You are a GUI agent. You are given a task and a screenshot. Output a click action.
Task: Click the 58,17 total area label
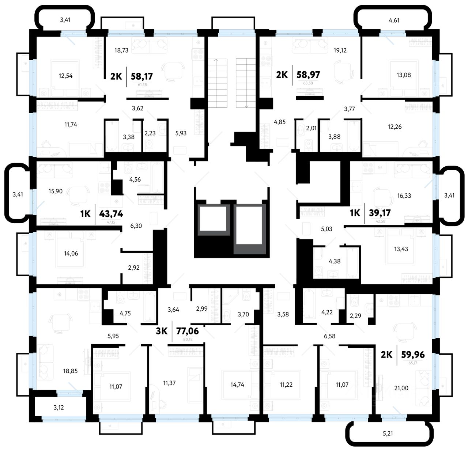tap(141, 76)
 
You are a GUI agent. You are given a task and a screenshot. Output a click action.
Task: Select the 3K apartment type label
tap(162, 331)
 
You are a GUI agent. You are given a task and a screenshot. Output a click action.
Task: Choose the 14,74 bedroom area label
tap(237, 384)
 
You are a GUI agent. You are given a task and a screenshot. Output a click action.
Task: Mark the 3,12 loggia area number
tap(58, 407)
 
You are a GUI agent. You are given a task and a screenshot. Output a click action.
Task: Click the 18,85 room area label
tap(70, 371)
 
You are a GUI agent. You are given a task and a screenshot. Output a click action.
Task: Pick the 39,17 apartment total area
tap(380, 213)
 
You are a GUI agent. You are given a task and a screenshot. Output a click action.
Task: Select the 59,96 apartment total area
tap(413, 354)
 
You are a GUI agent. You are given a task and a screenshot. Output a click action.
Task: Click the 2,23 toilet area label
tap(150, 133)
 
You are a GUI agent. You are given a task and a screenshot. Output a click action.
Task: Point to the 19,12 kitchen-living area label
tap(340, 50)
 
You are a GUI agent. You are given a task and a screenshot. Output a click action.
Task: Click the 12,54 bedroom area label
tap(65, 76)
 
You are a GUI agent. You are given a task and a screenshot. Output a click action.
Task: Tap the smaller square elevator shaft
tap(213, 218)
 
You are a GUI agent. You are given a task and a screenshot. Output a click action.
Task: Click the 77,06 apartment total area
tap(188, 331)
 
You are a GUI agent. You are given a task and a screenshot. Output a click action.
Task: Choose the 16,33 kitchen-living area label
tap(404, 196)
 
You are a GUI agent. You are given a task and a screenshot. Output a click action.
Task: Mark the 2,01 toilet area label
tap(311, 128)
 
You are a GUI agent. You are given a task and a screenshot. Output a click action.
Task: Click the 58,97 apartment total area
tap(308, 75)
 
